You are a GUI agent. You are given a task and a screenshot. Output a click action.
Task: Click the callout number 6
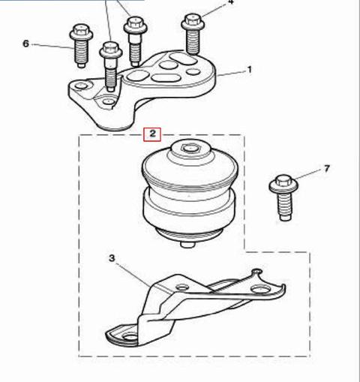coord(26,44)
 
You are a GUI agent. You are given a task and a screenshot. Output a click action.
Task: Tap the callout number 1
coord(249,70)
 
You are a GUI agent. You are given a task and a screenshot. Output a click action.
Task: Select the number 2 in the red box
coord(152,134)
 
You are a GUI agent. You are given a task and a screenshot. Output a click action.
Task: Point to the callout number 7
coord(327,169)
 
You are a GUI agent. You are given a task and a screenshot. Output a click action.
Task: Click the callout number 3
coord(112,258)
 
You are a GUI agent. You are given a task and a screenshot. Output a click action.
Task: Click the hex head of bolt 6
coord(81,31)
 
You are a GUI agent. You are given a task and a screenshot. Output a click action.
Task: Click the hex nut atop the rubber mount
coord(190,149)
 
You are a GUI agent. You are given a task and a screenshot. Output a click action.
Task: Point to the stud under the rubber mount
coord(187,245)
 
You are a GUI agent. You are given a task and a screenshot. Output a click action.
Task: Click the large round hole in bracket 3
coord(259,290)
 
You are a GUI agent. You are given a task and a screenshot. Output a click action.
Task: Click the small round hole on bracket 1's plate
coord(193,72)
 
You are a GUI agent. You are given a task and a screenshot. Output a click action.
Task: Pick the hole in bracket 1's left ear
coord(81,86)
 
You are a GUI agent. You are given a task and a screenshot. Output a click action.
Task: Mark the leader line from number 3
coord(134,275)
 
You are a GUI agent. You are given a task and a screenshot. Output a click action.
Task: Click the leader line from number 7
coord(308,175)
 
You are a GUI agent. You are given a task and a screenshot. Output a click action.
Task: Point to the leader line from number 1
coord(231,74)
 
